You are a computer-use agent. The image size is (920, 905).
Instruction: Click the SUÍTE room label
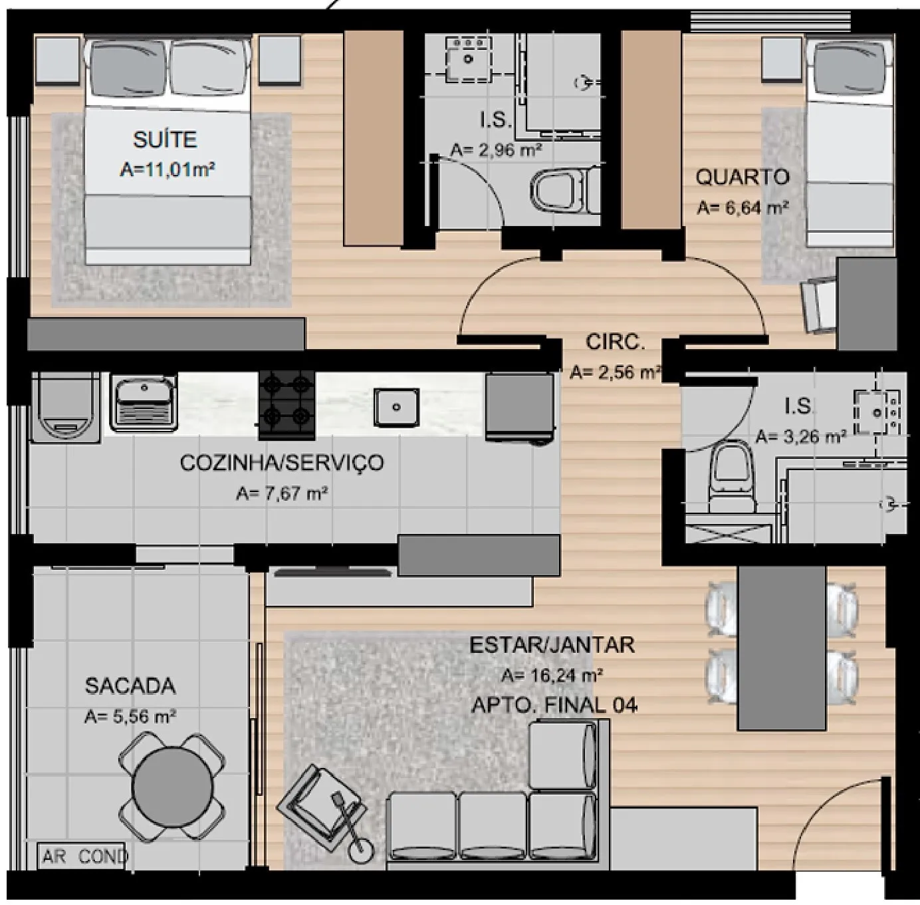(x=165, y=140)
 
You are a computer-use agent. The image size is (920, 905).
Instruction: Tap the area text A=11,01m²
(x=167, y=169)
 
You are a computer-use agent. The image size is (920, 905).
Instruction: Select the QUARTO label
(x=743, y=177)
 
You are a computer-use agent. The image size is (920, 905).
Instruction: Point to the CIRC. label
(x=616, y=342)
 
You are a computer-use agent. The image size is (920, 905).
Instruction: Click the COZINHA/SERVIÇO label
(x=282, y=463)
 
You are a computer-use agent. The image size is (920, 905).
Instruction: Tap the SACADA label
(x=130, y=686)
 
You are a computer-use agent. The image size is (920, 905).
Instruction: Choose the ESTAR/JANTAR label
(x=552, y=645)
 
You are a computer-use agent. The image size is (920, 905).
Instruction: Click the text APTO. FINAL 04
(x=554, y=706)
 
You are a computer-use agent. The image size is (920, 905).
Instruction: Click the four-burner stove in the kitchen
(x=287, y=406)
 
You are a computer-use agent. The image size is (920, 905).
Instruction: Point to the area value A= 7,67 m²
(x=282, y=493)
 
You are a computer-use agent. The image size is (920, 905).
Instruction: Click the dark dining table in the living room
(x=782, y=648)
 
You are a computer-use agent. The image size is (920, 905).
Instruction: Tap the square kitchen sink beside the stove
(x=396, y=406)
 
